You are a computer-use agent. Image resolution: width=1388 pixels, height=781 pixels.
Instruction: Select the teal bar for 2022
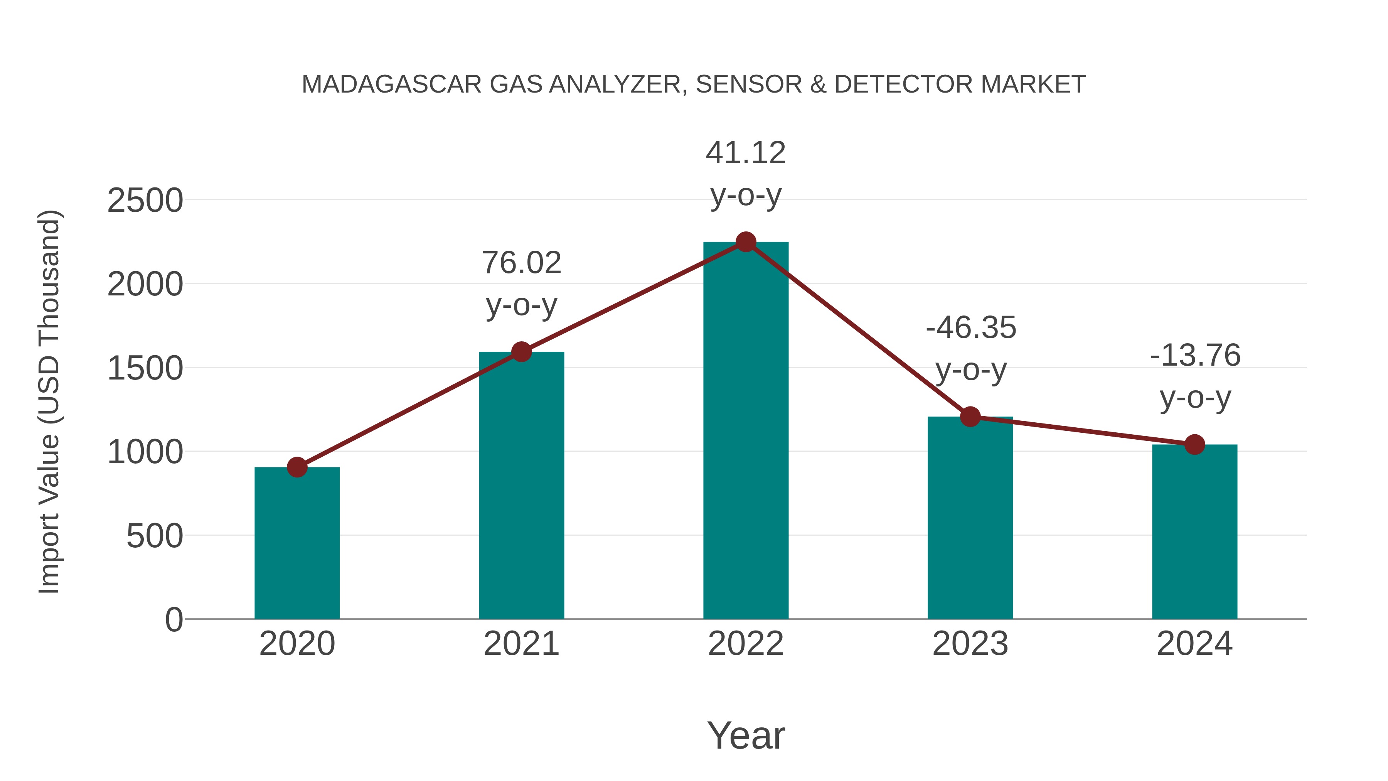746,431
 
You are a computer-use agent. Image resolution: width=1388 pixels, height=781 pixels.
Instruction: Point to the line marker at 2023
970,417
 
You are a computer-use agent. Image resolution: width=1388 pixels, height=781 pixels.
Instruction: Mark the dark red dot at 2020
297,467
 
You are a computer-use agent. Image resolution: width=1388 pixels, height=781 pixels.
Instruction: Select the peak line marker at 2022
746,242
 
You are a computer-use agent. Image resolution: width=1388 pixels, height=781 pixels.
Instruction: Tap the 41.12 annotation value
746,153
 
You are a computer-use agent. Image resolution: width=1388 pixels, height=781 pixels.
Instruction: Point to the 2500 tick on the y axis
145,201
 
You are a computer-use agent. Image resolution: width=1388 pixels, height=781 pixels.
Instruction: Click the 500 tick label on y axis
155,536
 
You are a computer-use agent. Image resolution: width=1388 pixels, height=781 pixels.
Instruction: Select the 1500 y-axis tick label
145,369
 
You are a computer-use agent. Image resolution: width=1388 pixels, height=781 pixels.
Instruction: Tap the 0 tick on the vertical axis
174,620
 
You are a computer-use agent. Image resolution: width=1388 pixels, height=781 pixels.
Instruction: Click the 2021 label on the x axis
521,644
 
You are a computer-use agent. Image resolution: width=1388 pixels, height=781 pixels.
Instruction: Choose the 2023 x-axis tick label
970,644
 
